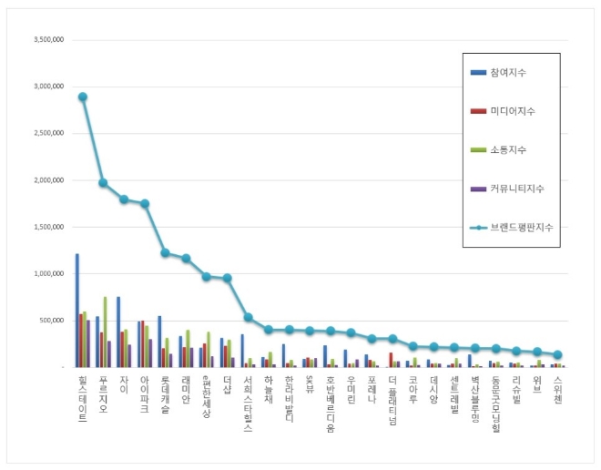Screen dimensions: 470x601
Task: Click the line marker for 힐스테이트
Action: (83, 97)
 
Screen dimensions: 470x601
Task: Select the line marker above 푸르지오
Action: (103, 183)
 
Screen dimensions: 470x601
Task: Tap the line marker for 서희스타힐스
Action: (248, 317)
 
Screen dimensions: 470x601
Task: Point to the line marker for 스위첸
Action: (557, 355)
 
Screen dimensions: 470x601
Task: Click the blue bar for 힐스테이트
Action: (76, 310)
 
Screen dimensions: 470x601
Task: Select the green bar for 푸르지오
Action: (105, 332)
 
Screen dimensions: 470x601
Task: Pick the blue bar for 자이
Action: (118, 332)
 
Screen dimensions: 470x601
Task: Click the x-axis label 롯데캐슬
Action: (165, 393)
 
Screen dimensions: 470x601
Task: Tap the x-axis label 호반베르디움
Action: (330, 401)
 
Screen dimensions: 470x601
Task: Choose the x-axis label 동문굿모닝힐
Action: (495, 401)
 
